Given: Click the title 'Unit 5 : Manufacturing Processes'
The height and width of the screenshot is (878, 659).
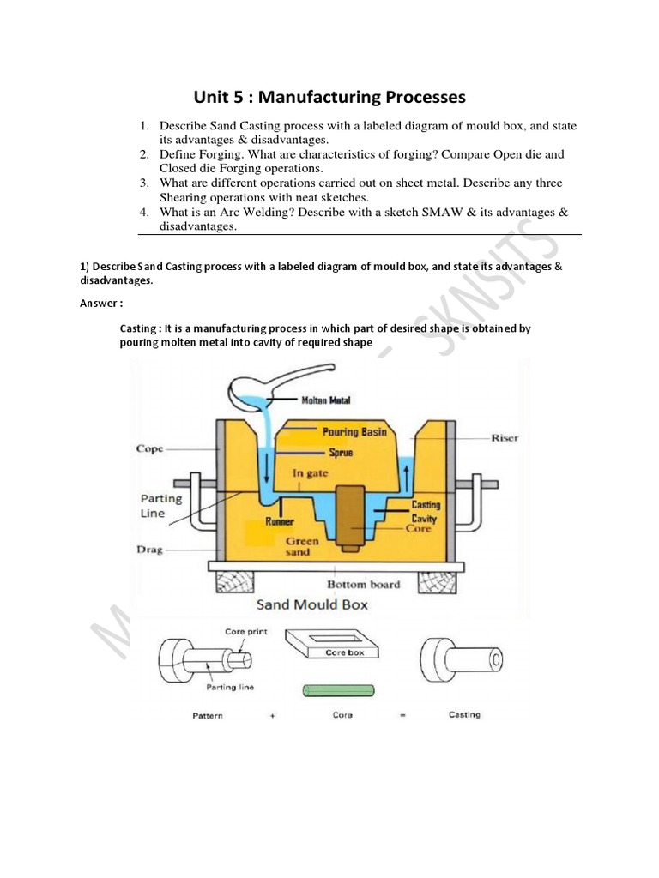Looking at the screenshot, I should pyautogui.click(x=329, y=97).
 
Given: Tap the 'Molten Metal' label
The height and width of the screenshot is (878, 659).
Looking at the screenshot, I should pyautogui.click(x=325, y=400).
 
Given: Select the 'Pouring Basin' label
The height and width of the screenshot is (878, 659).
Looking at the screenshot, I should pyautogui.click(x=354, y=432).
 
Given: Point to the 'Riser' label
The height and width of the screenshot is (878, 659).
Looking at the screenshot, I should pyautogui.click(x=505, y=438).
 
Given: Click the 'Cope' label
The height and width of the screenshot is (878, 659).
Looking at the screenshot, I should pyautogui.click(x=149, y=448).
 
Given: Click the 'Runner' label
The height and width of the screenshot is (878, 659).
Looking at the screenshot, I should pyautogui.click(x=280, y=521).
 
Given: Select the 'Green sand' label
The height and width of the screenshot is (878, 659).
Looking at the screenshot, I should pyautogui.click(x=302, y=547).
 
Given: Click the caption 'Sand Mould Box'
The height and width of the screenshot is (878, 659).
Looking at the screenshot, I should pyautogui.click(x=312, y=604).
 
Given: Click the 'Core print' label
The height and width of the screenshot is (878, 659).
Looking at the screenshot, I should pyautogui.click(x=246, y=632).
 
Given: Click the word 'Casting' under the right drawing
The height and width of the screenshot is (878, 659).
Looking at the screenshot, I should pyautogui.click(x=464, y=715).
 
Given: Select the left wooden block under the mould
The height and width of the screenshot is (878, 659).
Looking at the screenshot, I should pyautogui.click(x=237, y=582).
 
